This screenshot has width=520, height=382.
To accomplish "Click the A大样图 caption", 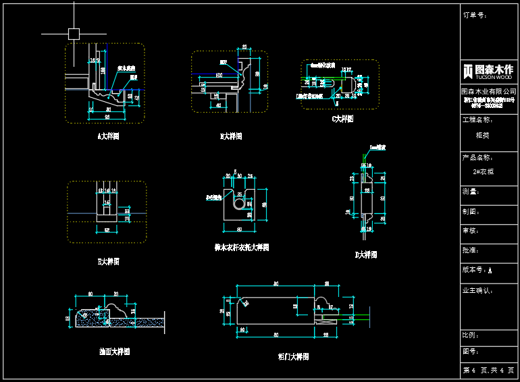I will coord(108,136).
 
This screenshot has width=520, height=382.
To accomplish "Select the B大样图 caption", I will coord(231,136).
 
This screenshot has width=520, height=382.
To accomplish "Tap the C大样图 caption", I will coord(342,119).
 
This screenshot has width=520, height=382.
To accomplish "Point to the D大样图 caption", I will coord(366,255).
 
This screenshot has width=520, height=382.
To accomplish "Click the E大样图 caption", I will coord(108,261).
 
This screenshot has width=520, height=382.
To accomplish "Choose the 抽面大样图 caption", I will coord(114,352).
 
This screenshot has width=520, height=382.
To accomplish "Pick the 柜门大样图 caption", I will coord(293,356).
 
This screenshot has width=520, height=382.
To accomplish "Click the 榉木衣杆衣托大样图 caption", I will coord(242,248).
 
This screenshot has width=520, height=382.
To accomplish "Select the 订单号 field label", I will coord(475,15).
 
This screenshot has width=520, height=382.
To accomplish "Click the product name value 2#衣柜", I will coord(484,172).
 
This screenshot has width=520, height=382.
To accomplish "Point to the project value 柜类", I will coord(484,135).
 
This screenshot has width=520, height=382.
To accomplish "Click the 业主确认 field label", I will coord(479,291).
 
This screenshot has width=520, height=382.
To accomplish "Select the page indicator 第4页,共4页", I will coord(488,371).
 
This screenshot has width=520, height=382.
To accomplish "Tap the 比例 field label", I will coord(471,335).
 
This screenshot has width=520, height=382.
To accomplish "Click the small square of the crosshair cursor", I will coord(74,33).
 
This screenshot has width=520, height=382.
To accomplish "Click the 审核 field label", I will coord(471,230).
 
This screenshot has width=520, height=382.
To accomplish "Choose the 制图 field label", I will coord(471,211).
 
